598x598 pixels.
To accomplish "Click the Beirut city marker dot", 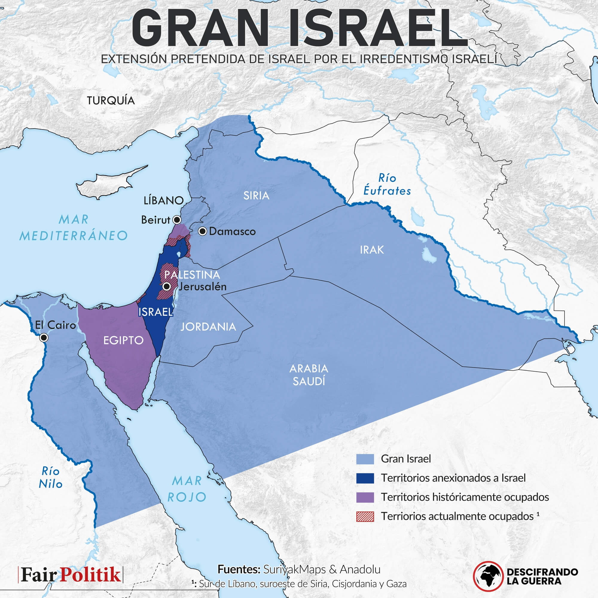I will click(x=177, y=220).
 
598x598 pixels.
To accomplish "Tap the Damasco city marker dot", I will click(x=202, y=231).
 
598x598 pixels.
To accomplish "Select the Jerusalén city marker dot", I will click(x=167, y=286).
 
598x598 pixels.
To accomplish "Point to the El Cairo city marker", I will click(x=44, y=337).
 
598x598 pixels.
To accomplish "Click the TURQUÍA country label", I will click(x=111, y=100).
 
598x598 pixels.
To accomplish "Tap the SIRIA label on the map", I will click(x=256, y=196).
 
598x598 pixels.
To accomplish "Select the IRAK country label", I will click(x=372, y=250).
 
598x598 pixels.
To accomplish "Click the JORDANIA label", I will click(x=208, y=327).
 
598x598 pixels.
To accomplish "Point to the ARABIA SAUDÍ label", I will click(x=309, y=375).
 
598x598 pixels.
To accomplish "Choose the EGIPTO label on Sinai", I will click(x=123, y=341).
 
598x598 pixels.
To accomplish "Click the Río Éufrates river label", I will click(x=387, y=184).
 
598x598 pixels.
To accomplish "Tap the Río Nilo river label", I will click(x=51, y=478).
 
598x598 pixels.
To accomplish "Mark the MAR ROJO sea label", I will click(x=187, y=489).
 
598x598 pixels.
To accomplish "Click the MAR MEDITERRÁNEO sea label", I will click(x=74, y=228).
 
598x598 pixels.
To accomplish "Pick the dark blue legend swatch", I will click(x=365, y=478).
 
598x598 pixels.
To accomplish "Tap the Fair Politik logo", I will click(x=71, y=575).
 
